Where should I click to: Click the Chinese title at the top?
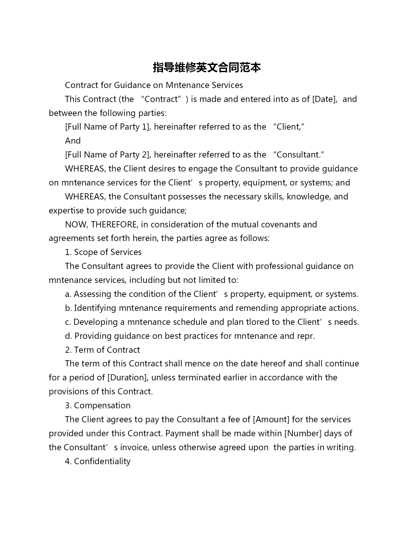coord(207,68)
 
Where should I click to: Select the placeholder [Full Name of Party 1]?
coord(108,127)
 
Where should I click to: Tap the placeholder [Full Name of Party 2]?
coord(108,155)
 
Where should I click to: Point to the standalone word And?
coord(73,141)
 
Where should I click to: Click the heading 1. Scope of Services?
coord(103,252)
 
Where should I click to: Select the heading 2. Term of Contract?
coord(102,350)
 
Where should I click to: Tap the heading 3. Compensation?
coord(98,405)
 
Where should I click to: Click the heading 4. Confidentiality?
coord(98,461)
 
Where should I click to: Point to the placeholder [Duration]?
coord(128,377)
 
